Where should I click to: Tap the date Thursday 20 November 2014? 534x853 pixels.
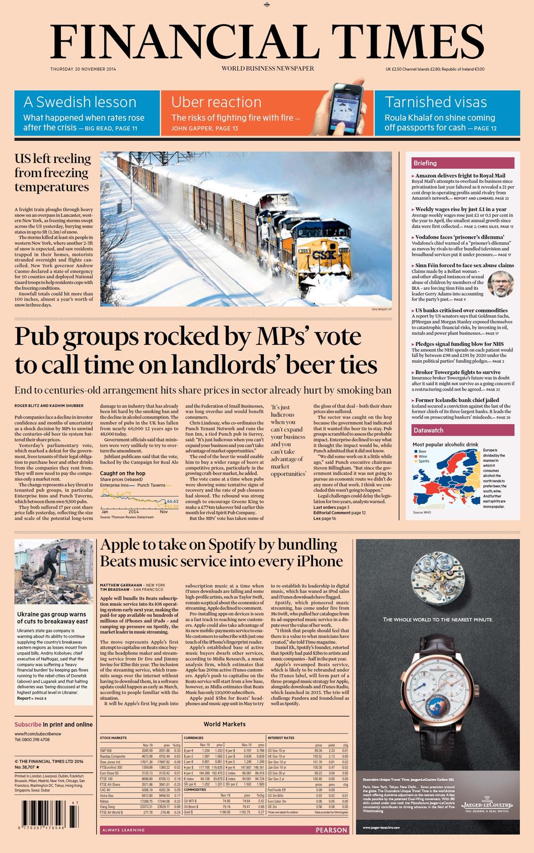[83, 69]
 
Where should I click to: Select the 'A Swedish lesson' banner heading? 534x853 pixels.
[80, 102]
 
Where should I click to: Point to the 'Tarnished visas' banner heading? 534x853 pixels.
[435, 102]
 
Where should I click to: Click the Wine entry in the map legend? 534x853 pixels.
[422, 456]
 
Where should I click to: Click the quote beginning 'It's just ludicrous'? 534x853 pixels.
[288, 440]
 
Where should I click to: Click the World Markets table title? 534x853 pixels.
[224, 724]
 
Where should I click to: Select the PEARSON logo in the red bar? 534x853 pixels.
[331, 830]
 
